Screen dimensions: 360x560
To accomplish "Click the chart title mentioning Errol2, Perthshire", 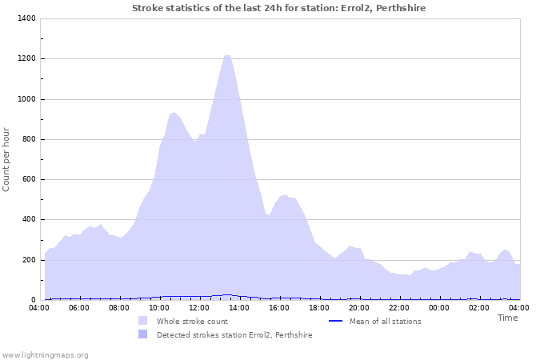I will pos(278,8).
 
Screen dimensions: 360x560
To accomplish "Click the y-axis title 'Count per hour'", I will pos(7,158).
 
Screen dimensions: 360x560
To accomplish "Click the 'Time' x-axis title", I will pos(507,318).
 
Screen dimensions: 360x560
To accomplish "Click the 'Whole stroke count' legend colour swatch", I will pos(142,321).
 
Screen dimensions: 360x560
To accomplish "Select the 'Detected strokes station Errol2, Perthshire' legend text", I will pos(234,334).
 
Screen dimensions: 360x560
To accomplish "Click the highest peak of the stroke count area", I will pos(227,55).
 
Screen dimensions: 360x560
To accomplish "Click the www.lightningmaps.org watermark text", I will pos(45,354).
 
